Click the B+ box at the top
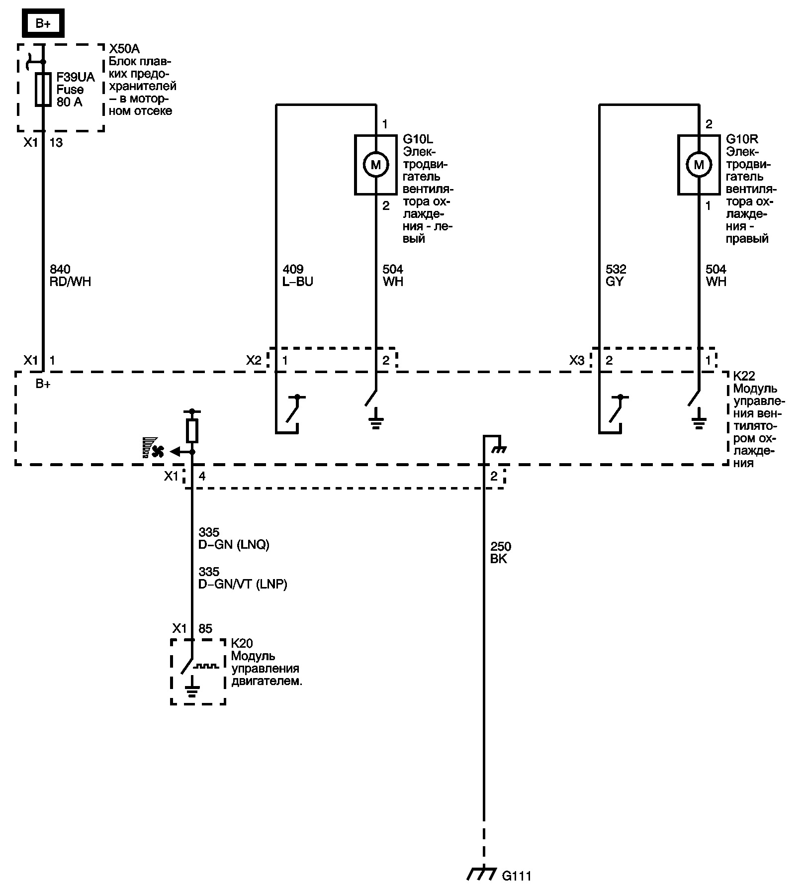pyautogui.click(x=43, y=23)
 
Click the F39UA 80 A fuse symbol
pyautogui.click(x=43, y=90)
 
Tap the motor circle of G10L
pyautogui.click(x=376, y=164)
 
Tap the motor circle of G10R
pyautogui.click(x=699, y=164)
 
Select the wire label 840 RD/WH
pyautogui.click(x=70, y=276)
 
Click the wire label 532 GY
pyautogui.click(x=616, y=276)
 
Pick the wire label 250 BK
pyautogui.click(x=500, y=553)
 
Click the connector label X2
pyautogui.click(x=254, y=360)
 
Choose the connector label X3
pyautogui.click(x=577, y=360)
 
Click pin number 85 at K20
pyautogui.click(x=205, y=628)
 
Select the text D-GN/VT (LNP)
pyautogui.click(x=243, y=584)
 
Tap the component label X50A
pyautogui.click(x=124, y=49)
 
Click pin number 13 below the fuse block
pyautogui.click(x=56, y=143)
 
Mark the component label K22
pyautogui.click(x=744, y=376)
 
